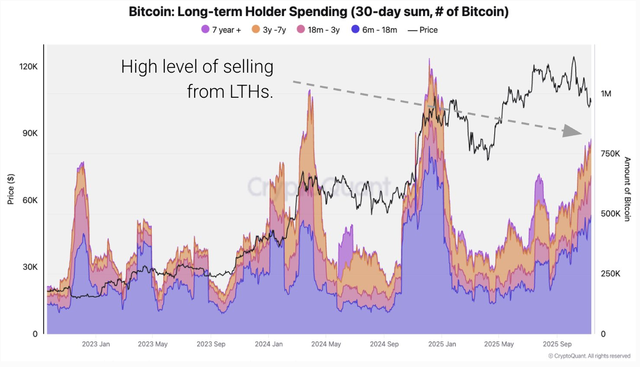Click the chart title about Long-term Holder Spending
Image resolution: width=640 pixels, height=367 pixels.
319,12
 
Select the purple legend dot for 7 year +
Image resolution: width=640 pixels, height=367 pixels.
205,29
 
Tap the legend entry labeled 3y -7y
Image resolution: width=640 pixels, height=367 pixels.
269,30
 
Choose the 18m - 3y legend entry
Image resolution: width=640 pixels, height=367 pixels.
318,30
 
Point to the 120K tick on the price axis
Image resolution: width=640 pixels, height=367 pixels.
28,66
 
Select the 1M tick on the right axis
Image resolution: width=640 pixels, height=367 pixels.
605,93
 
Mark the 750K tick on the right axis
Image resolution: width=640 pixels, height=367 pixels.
610,154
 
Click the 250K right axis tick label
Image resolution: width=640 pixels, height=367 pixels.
610,274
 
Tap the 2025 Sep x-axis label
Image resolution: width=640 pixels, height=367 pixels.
557,344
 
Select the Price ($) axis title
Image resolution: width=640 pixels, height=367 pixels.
11,189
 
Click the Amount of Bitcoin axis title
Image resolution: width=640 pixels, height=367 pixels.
627,189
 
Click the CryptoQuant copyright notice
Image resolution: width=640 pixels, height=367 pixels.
589,356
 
